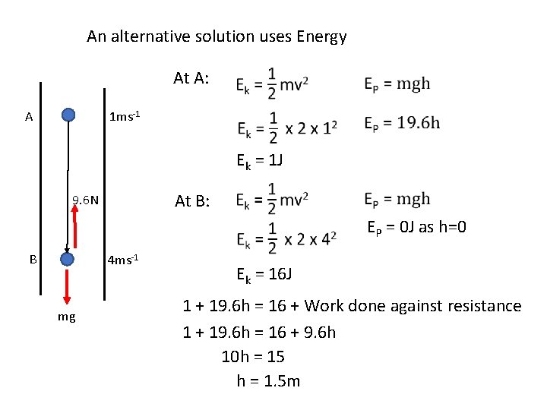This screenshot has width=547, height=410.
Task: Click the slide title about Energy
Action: coord(217,36)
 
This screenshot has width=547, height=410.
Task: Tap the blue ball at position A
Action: coord(68,115)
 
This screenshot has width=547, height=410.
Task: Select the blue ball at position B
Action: coord(68,260)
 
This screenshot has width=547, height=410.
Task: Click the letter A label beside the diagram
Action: coord(28,117)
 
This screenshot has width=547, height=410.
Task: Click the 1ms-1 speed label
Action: coord(125,117)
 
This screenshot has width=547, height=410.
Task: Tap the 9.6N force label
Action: coord(86,200)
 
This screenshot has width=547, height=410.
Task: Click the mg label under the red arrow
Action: coord(66,317)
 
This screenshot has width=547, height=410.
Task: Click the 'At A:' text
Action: coord(196,77)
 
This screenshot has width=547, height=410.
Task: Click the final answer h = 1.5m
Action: coord(268,380)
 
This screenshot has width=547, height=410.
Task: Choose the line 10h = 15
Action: coord(253,356)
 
